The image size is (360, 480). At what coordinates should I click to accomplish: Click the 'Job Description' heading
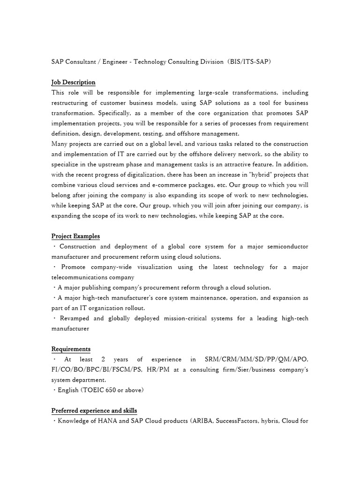tap(73, 82)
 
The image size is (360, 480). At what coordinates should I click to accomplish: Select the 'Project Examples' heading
tap(75, 236)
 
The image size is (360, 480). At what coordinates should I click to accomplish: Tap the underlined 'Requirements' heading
tap(71, 349)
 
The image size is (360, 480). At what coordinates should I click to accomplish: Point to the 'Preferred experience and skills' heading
tap(94, 411)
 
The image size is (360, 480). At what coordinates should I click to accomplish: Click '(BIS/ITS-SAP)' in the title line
tap(249, 62)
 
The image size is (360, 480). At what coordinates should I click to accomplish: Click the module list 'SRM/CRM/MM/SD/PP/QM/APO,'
tap(256, 360)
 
